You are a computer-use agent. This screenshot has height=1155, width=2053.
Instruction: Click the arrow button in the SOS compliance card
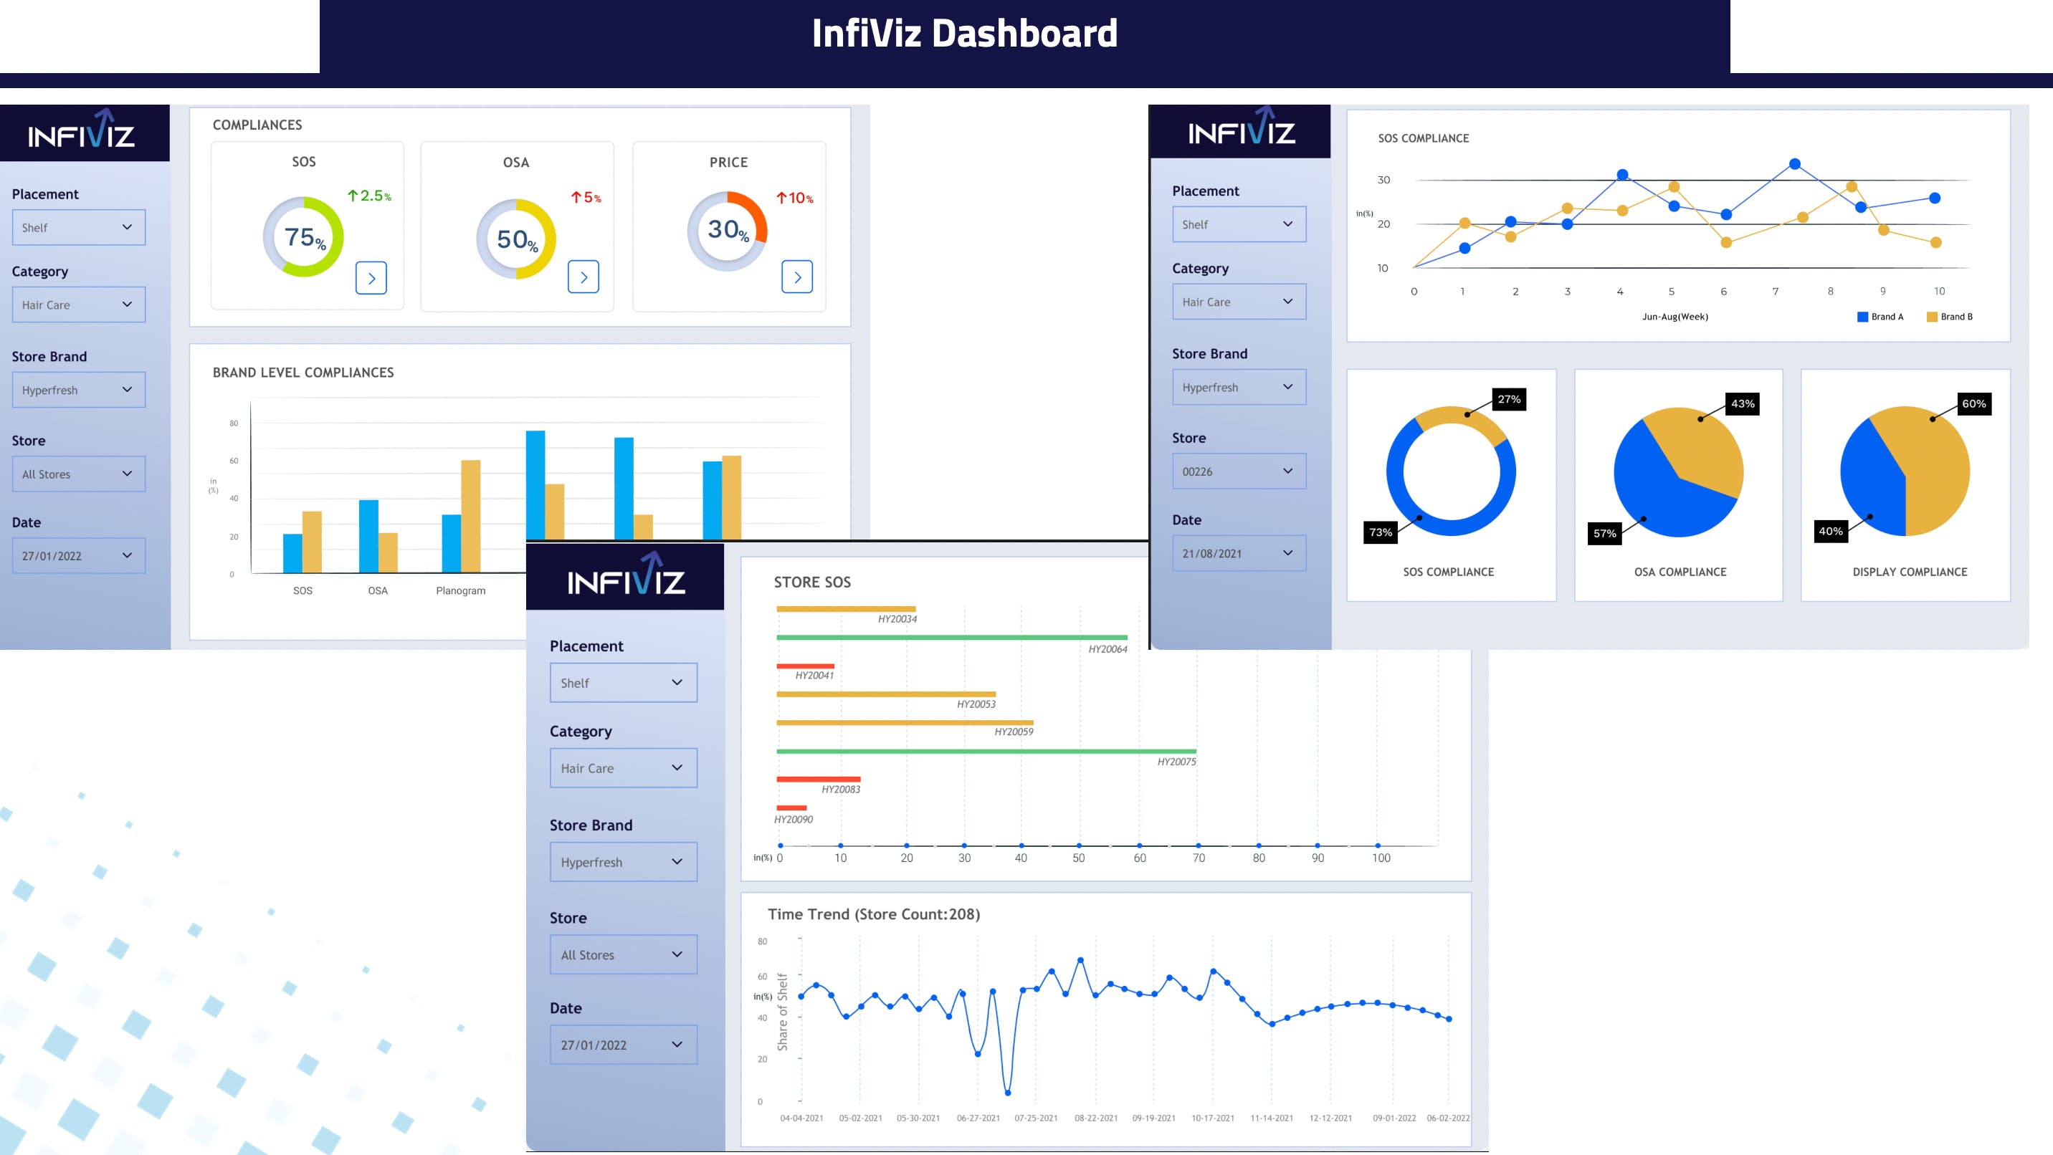pyautogui.click(x=371, y=278)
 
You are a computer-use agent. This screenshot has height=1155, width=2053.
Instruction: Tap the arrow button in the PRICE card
pyautogui.click(x=797, y=277)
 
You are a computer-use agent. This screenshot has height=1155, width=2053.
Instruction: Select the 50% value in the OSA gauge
pyautogui.click(x=516, y=239)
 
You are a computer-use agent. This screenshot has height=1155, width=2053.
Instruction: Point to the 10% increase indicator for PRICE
pyautogui.click(x=794, y=198)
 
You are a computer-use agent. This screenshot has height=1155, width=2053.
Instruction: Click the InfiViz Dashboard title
pyautogui.click(x=964, y=34)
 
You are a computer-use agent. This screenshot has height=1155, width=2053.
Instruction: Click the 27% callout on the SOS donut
pyautogui.click(x=1509, y=399)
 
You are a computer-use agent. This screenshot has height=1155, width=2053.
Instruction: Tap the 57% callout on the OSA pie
pyautogui.click(x=1604, y=533)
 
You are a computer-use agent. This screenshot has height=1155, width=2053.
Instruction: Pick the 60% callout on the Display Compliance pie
pyautogui.click(x=1973, y=404)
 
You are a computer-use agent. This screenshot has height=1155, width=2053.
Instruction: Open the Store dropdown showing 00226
pyautogui.click(x=1239, y=471)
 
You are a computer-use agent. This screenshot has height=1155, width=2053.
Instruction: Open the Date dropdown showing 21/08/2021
pyautogui.click(x=1239, y=554)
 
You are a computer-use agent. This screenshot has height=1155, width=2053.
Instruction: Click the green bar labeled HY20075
pyautogui.click(x=986, y=751)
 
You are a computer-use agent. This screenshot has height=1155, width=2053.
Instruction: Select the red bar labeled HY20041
pyautogui.click(x=805, y=666)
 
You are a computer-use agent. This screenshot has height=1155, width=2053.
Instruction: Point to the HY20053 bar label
pyautogui.click(x=976, y=704)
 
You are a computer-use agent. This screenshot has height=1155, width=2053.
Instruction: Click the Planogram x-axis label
pyautogui.click(x=461, y=590)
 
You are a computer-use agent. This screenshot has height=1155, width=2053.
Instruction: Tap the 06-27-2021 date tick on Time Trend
pyautogui.click(x=978, y=1118)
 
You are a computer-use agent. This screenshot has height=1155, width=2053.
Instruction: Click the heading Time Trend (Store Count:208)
pyautogui.click(x=874, y=914)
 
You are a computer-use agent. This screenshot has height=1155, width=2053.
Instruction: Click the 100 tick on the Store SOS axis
pyautogui.click(x=1381, y=858)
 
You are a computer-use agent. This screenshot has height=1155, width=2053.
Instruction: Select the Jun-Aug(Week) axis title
pyautogui.click(x=1675, y=317)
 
